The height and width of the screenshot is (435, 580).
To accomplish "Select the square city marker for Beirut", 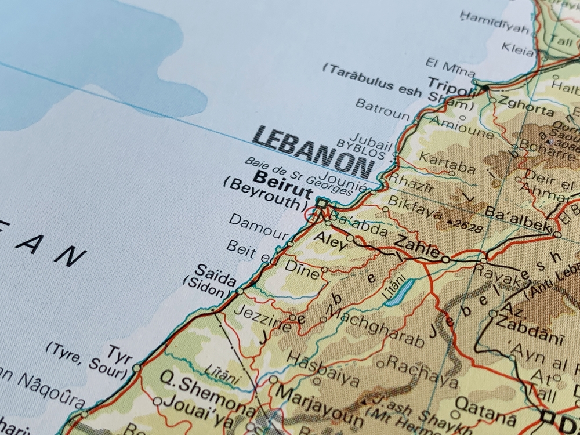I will [321, 204].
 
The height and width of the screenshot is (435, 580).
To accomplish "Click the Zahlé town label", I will [416, 247].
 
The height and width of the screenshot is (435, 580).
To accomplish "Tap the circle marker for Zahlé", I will [445, 259].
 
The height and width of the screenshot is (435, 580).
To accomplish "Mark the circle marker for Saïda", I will [240, 291].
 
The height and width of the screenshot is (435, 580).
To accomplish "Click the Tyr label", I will [119, 352].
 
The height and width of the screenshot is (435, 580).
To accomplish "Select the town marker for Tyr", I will [136, 368].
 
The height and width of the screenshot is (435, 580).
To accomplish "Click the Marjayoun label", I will [319, 404].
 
